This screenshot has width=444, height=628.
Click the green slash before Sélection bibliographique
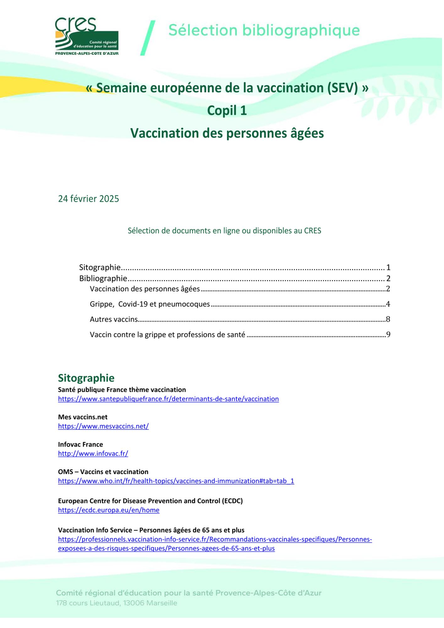pos(148,38)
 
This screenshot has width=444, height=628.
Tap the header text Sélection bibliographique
pos(264,30)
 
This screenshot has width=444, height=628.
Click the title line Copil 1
pos(227,111)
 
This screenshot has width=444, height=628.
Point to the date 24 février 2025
pos(89,199)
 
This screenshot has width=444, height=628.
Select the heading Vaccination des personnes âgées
pos(227,133)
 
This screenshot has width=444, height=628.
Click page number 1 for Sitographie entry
pos(388,268)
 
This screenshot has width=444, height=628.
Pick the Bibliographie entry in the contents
pos(103,279)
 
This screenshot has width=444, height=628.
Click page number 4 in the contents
pos(388,304)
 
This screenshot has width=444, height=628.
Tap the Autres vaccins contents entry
pos(114,319)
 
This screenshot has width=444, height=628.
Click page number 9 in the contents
pos(388,335)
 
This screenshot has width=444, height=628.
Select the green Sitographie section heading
pos(86,378)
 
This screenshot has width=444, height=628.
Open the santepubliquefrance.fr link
pos(168,399)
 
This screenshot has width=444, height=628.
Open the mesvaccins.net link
pos(103,426)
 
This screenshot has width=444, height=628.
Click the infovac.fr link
pos(93,454)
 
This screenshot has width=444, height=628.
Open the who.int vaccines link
pos(176,481)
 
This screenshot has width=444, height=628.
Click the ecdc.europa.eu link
pos(109,510)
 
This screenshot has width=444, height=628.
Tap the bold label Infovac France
pos(80,445)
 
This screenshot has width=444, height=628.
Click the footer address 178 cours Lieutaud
pos(116,603)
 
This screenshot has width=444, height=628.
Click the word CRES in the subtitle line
pos(312,231)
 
